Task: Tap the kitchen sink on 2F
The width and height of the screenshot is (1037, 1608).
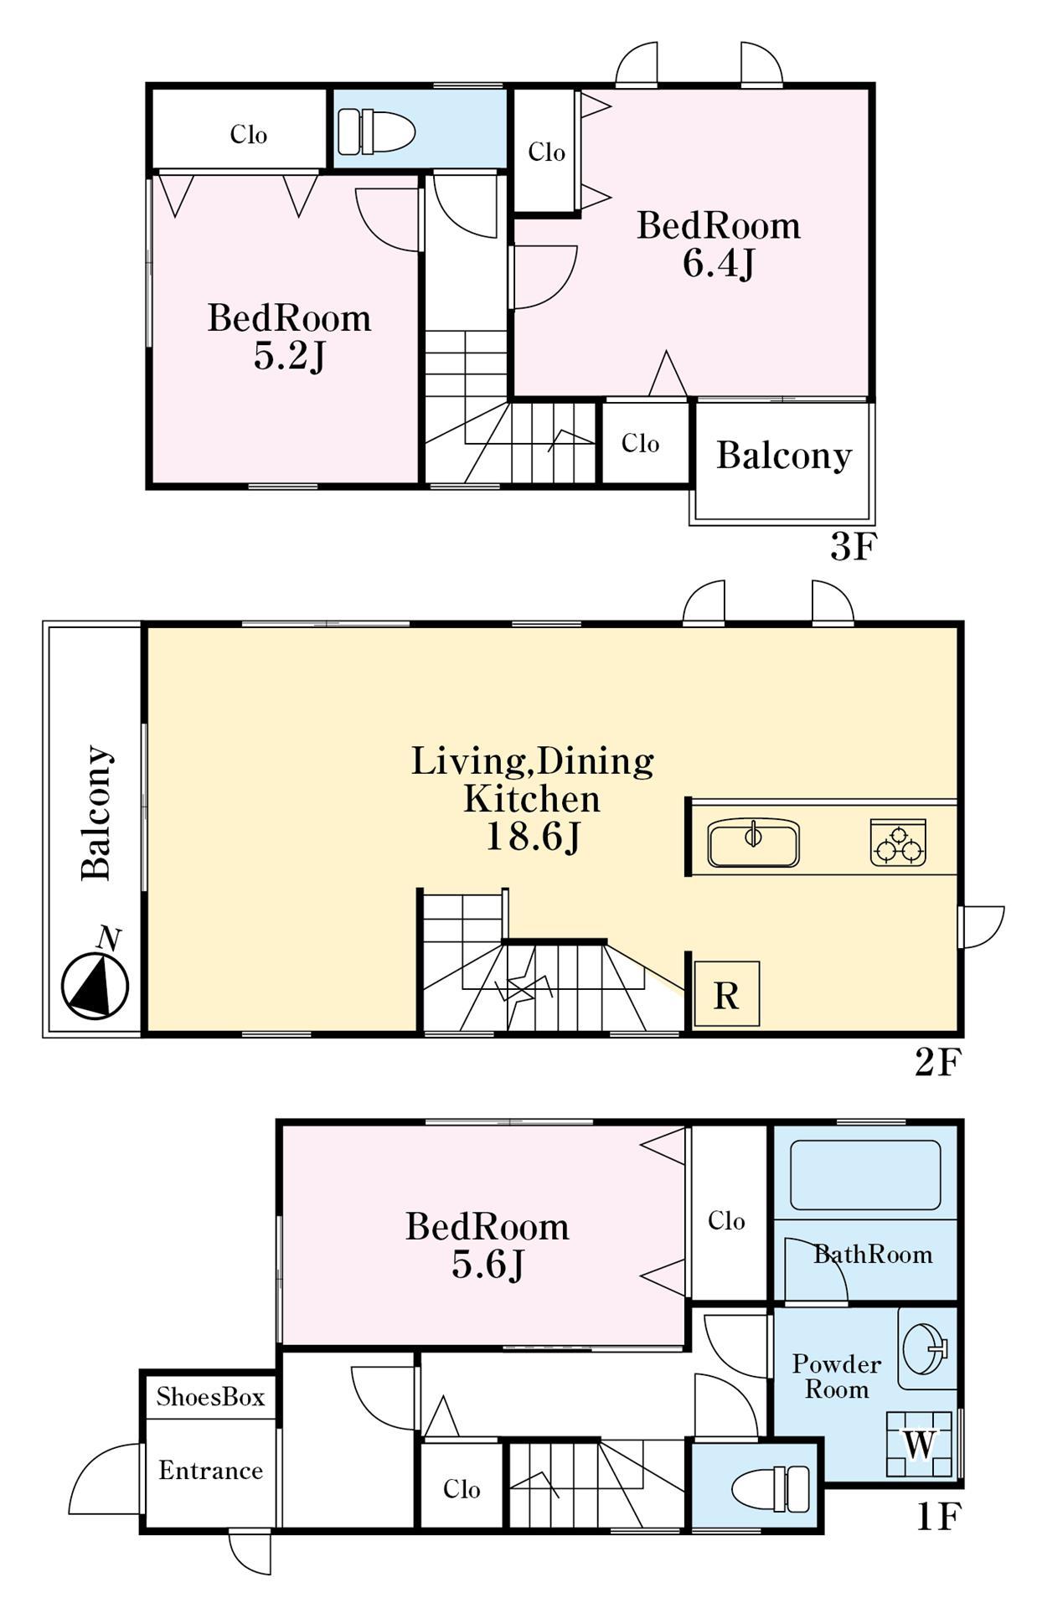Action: pyautogui.click(x=753, y=843)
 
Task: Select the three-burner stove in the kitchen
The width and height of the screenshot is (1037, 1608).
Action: pyautogui.click(x=898, y=843)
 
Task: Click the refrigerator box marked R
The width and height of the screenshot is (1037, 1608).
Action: pyautogui.click(x=726, y=994)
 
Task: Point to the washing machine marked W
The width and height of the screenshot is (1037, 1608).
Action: pyautogui.click(x=919, y=1444)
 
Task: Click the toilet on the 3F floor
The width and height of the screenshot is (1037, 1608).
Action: pyautogui.click(x=376, y=131)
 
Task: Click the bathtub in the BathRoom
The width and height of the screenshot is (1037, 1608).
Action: pyautogui.click(x=865, y=1174)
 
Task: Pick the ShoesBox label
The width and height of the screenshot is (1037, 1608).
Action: pyautogui.click(x=210, y=1397)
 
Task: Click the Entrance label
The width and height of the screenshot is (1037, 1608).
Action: pyautogui.click(x=210, y=1471)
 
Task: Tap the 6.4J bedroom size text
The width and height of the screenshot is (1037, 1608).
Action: pyautogui.click(x=719, y=264)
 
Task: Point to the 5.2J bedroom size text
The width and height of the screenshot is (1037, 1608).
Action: pyautogui.click(x=289, y=357)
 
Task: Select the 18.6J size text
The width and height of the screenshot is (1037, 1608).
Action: pyautogui.click(x=534, y=837)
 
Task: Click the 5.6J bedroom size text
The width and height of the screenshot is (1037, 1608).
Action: pyautogui.click(x=488, y=1265)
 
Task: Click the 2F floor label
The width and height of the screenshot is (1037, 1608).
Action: pyautogui.click(x=936, y=1063)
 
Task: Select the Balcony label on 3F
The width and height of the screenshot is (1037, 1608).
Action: pyautogui.click(x=784, y=456)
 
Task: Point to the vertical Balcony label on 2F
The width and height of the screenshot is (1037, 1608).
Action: pyautogui.click(x=96, y=812)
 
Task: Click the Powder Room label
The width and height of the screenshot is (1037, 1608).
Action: pyautogui.click(x=837, y=1377)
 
